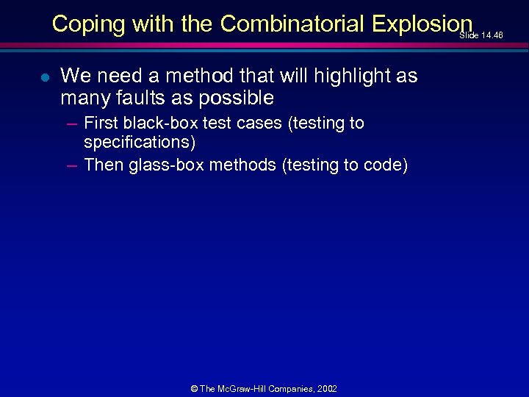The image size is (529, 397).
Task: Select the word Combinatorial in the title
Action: [292, 24]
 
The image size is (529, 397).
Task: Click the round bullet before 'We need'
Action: [46, 76]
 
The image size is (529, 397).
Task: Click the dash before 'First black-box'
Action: [71, 124]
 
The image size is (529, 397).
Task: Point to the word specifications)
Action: [140, 142]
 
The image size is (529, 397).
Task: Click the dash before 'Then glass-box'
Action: [71, 165]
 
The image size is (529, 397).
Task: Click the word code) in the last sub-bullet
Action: [386, 165]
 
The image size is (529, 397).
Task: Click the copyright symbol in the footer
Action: [193, 389]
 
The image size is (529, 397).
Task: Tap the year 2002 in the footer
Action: [327, 389]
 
